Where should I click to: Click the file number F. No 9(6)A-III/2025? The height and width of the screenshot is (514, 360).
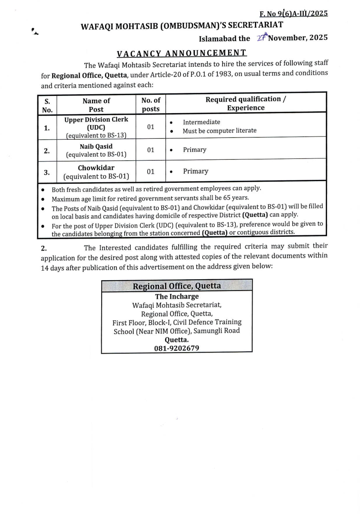(294, 13)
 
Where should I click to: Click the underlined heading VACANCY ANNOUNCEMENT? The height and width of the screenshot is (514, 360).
(182, 53)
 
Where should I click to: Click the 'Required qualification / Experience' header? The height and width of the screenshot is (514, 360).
(246, 104)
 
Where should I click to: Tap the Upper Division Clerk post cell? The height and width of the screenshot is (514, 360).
(96, 127)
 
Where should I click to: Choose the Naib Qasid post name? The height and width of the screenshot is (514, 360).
(96, 146)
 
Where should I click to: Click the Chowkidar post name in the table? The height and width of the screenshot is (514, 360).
(96, 168)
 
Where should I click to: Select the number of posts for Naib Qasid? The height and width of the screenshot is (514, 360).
(150, 150)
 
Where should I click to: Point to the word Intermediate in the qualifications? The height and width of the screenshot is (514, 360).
(201, 122)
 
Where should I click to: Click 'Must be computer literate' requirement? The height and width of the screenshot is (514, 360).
(219, 131)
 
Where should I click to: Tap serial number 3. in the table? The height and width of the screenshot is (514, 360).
(47, 172)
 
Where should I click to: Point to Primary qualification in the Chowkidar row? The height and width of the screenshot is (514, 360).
(195, 171)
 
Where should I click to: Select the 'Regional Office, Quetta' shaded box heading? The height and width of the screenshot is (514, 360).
(177, 286)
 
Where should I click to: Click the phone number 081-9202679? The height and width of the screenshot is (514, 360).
(177, 349)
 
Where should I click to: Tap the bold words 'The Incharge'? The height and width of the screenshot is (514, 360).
(177, 296)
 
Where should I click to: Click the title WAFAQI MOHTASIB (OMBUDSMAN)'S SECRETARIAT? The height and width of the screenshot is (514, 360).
(182, 26)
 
